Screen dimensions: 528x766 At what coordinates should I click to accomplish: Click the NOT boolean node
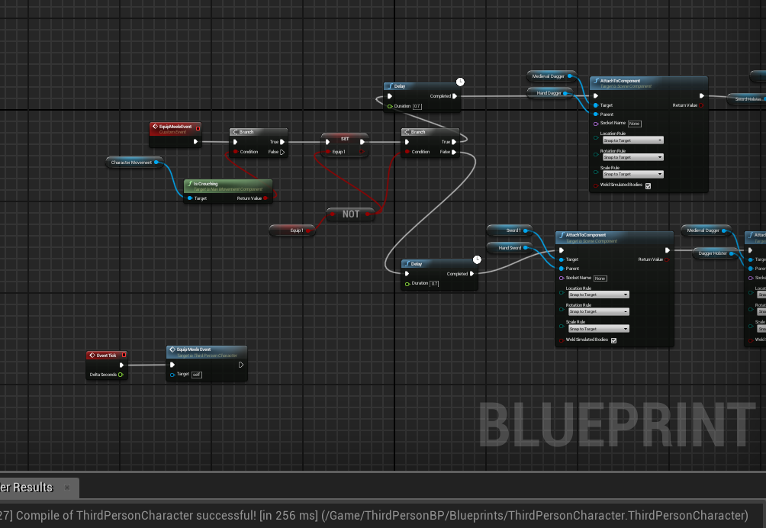351,214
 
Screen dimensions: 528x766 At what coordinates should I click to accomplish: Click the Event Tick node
106,355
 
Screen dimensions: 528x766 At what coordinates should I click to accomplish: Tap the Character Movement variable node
132,162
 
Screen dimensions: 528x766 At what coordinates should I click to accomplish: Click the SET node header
345,139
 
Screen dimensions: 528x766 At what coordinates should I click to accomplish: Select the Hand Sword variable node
510,248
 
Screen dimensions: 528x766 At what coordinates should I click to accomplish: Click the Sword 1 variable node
513,230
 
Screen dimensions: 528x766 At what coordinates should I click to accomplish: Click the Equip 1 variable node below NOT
297,230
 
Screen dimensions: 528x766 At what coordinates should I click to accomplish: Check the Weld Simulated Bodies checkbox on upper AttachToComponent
648,185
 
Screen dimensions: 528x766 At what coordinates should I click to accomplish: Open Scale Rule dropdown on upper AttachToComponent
632,174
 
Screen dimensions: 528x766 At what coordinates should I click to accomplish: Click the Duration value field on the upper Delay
417,106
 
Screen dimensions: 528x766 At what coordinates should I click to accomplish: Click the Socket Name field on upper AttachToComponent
634,124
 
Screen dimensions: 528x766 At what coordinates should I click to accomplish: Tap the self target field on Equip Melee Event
196,375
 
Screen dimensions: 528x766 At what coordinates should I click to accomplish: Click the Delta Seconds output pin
121,375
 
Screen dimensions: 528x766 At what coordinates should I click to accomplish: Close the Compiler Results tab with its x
66,488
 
